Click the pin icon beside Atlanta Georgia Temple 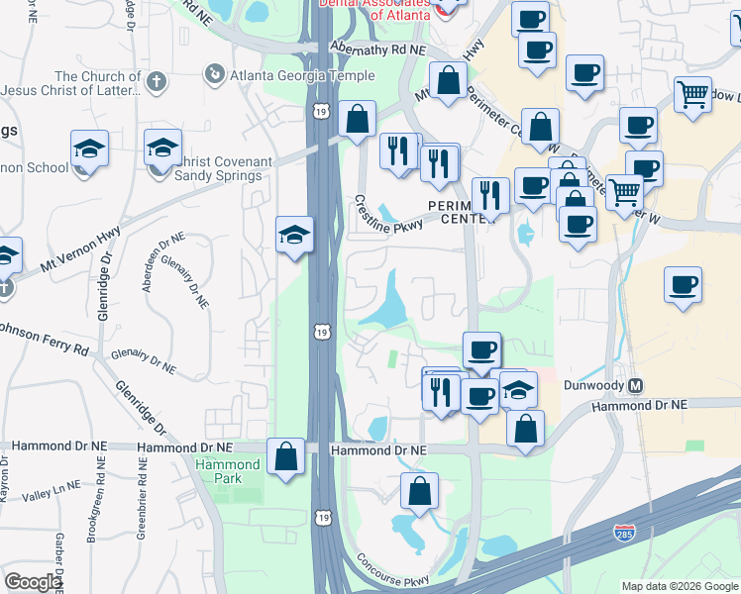click(x=212, y=74)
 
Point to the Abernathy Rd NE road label click(x=379, y=48)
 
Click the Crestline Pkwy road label click(x=388, y=212)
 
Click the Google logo click(x=33, y=582)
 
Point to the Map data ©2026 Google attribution click(x=679, y=586)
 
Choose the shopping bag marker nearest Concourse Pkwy click(x=420, y=492)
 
